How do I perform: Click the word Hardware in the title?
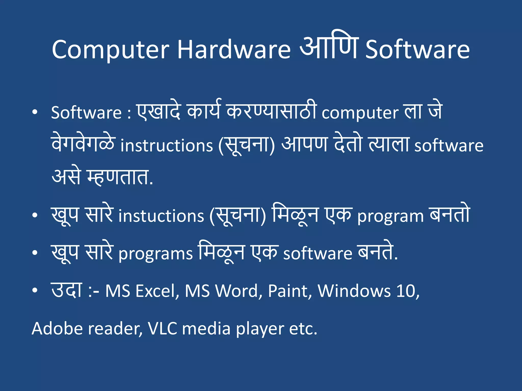[233, 50]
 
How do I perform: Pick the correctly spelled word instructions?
[166, 146]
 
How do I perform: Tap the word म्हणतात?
[120, 177]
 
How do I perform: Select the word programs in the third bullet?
[155, 254]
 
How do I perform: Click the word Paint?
[290, 291]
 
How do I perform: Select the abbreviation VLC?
[162, 328]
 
